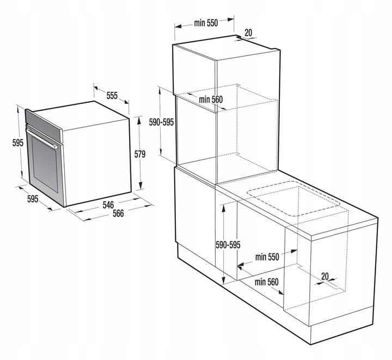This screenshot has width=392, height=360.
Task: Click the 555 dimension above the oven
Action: pyautogui.click(x=112, y=96)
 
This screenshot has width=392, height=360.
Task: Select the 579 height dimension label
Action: pyautogui.click(x=140, y=154)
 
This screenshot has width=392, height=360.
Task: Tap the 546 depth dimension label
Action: pyautogui.click(x=108, y=205)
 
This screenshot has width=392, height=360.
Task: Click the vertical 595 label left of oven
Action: pyautogui.click(x=17, y=143)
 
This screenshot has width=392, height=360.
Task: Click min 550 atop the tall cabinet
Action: pyautogui.click(x=205, y=23)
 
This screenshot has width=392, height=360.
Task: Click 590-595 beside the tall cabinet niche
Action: pyautogui.click(x=161, y=122)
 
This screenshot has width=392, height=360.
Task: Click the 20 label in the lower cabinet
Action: pyautogui.click(x=324, y=276)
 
